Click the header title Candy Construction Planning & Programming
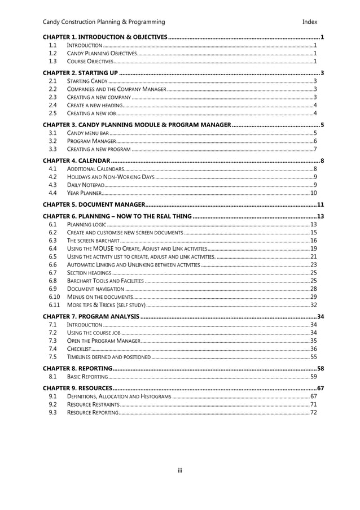[x=104, y=22]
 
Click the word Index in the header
[x=309, y=22]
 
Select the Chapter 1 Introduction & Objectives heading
[x=105, y=37]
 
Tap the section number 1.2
[x=52, y=53]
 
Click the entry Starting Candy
[x=84, y=81]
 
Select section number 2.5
[x=52, y=114]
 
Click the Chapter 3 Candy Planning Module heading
[x=137, y=124]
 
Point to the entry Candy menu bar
[x=87, y=133]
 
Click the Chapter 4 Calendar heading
[x=76, y=161]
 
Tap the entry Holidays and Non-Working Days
[x=111, y=177]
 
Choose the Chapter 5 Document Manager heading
[x=94, y=204]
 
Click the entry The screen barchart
[x=93, y=241]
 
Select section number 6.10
[x=54, y=297]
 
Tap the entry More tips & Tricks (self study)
[x=106, y=304]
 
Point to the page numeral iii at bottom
[x=180, y=470]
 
